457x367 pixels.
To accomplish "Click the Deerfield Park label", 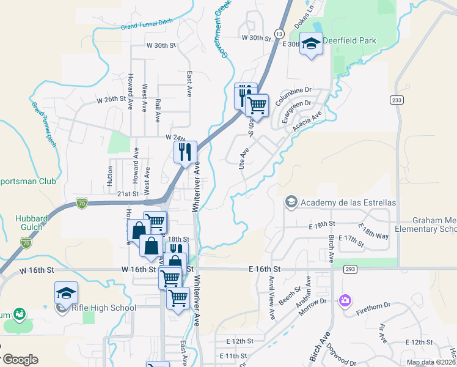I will (x=349, y=41).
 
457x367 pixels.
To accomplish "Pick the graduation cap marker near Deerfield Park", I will (x=311, y=44).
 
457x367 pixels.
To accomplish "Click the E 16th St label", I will (x=265, y=269).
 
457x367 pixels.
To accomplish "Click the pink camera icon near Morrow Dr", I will (x=345, y=300).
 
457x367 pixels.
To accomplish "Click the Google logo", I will (x=20, y=360).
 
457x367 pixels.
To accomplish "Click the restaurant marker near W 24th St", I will (x=185, y=151).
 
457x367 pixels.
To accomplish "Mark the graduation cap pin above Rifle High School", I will (x=66, y=293).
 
